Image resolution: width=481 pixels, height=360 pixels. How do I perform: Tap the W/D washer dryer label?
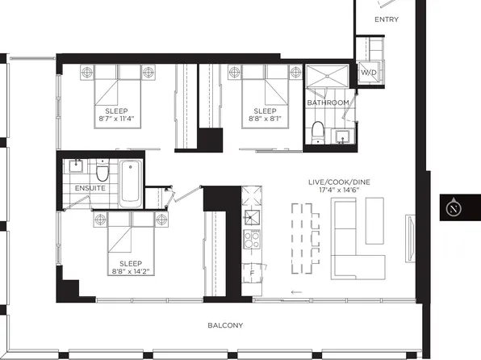pos(368,73)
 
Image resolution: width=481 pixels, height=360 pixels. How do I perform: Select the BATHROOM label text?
pos(328,103)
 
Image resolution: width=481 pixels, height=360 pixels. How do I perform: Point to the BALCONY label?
pos(224,326)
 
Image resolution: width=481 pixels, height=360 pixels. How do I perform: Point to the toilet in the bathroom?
pos(319,132)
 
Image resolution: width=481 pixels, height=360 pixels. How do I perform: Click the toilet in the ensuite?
pos(101,173)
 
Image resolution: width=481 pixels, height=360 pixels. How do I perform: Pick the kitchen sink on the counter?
pos(252,215)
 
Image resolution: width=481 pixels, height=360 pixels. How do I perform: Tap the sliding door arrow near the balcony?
pos(297,292)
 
